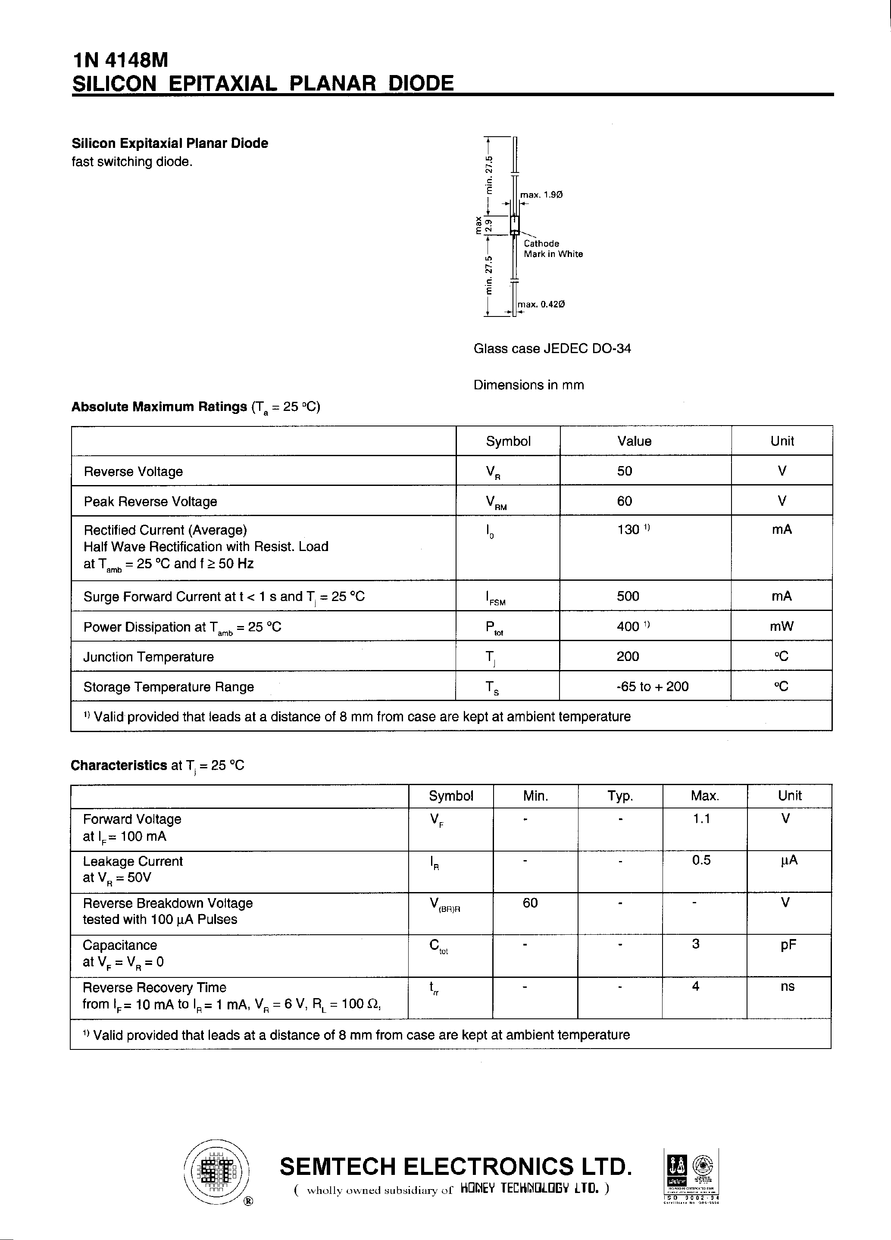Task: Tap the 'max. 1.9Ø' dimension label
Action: click(x=541, y=194)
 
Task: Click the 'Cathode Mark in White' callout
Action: click(x=553, y=249)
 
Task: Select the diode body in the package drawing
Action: click(x=514, y=224)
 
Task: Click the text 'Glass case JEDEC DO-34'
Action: click(x=552, y=348)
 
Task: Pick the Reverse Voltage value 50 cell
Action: click(x=624, y=471)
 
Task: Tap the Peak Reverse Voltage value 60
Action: click(x=624, y=501)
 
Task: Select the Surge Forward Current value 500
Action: click(x=628, y=596)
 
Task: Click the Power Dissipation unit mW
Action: click(x=782, y=626)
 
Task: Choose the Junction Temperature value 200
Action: click(x=628, y=656)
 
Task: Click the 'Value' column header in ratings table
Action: click(x=634, y=441)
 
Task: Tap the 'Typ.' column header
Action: click(x=620, y=796)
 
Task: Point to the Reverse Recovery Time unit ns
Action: click(x=787, y=986)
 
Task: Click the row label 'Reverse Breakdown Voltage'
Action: click(x=167, y=903)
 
